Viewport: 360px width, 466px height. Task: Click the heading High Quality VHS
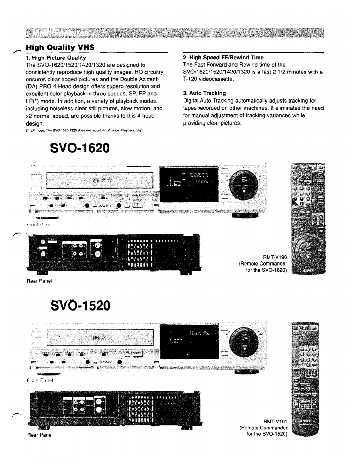click(60, 47)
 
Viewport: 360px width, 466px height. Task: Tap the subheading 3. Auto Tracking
click(204, 93)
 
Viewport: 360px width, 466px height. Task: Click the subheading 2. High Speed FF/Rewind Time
click(223, 58)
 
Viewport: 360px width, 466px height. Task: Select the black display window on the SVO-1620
click(189, 184)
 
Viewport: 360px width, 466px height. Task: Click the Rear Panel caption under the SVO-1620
click(39, 281)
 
